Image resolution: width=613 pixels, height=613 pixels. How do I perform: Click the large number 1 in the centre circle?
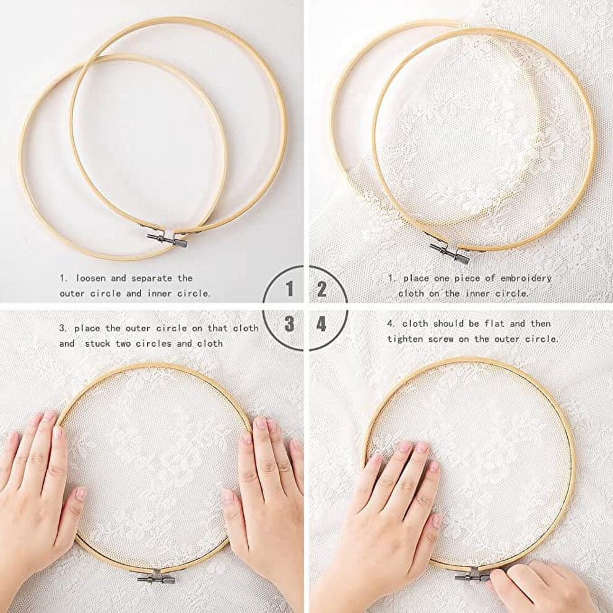coord(290,289)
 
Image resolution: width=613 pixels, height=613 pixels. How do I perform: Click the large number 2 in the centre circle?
coord(321,289)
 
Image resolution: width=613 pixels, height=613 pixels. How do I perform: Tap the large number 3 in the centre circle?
coord(289,324)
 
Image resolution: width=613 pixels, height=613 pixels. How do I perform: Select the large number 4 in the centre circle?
coord(321,324)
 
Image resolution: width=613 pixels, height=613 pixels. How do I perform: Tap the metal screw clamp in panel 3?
coord(156,578)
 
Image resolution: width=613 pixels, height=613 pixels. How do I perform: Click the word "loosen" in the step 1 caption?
coord(90,279)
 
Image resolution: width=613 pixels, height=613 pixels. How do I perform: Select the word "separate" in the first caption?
coord(152,279)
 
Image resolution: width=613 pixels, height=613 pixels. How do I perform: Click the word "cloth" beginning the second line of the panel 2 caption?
coord(411,293)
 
